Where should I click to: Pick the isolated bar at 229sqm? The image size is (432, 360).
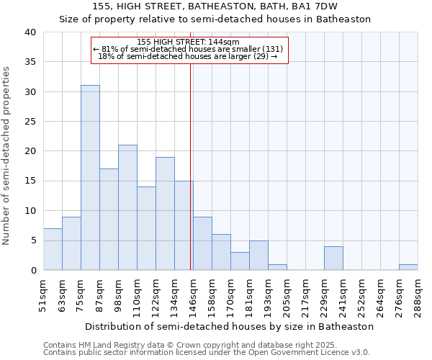(333, 258)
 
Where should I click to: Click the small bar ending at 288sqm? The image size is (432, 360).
(408, 267)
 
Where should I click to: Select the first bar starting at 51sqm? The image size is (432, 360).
(53, 249)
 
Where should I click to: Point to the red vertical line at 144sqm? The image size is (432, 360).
(190, 166)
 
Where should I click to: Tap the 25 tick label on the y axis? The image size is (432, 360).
(30, 122)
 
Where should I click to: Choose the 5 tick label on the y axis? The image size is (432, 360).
(32, 240)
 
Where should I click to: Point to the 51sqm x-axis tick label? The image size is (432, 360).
(43, 294)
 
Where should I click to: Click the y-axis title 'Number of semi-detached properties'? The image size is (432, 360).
(6, 156)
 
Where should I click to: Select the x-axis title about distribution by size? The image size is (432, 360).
(229, 326)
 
